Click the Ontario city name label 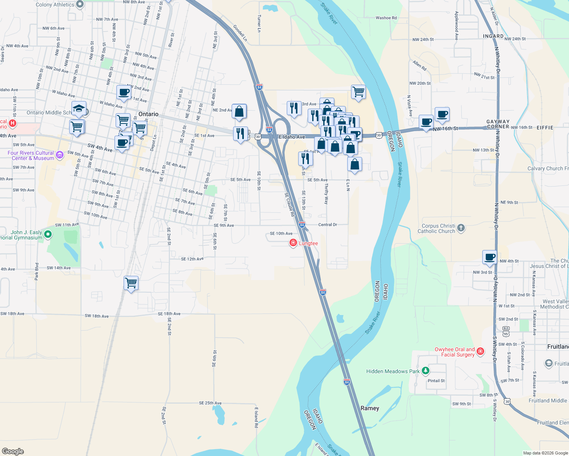pyautogui.click(x=148, y=114)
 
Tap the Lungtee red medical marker pyautogui.click(x=293, y=243)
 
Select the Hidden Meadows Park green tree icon pyautogui.click(x=425, y=370)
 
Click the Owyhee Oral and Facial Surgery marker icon pyautogui.click(x=480, y=351)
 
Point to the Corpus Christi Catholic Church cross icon pyautogui.click(x=461, y=228)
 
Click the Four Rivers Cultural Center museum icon pyautogui.click(x=59, y=155)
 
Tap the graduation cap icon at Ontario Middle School pyautogui.click(x=79, y=109)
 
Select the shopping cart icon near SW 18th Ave pyautogui.click(x=131, y=283)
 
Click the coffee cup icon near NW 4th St pyautogui.click(x=490, y=257)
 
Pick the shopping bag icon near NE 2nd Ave pyautogui.click(x=239, y=111)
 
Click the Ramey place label pyautogui.click(x=370, y=408)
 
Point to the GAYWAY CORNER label pyautogui.click(x=498, y=124)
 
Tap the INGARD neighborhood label pyautogui.click(x=493, y=36)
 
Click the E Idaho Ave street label pyautogui.click(x=292, y=137)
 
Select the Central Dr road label pyautogui.click(x=327, y=225)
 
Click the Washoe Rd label pyautogui.click(x=386, y=18)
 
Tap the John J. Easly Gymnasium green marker pyautogui.click(x=48, y=234)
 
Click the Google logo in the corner pyautogui.click(x=13, y=451)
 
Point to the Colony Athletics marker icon pyautogui.click(x=80, y=5)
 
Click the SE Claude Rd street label pyautogui.click(x=289, y=204)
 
